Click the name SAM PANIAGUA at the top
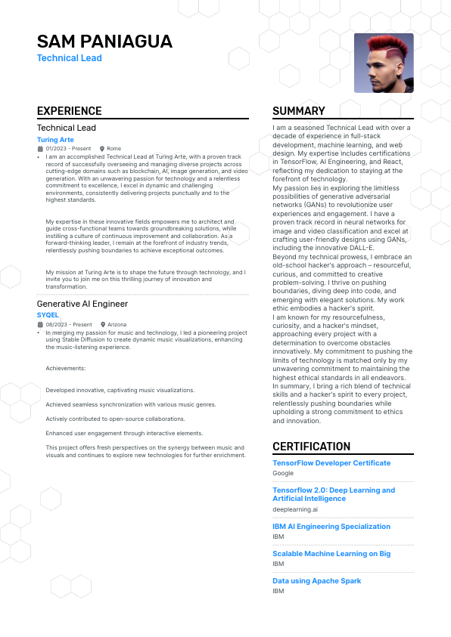104,41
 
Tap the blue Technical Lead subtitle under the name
70,58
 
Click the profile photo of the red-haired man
384,63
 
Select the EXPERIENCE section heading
69,111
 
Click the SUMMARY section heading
299,111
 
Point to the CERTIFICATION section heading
312,447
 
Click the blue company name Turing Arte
55,140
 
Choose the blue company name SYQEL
48,315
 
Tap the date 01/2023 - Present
68,149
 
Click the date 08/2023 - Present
68,324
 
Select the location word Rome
114,149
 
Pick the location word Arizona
117,324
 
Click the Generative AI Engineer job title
82,304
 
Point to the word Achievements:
65,368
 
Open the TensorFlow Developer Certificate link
331,462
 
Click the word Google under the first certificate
283,473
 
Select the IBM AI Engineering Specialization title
331,526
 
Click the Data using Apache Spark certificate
316,580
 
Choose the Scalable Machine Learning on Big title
331,553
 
